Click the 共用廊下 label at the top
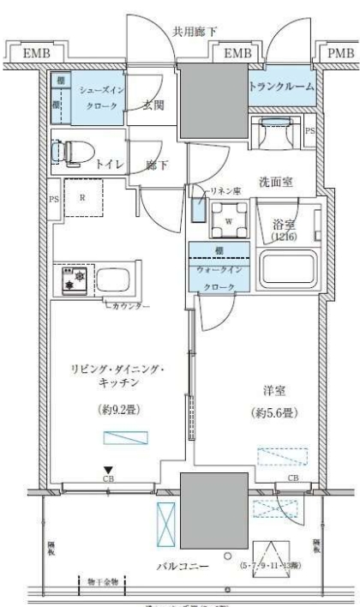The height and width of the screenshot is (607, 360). pyautogui.click(x=195, y=31)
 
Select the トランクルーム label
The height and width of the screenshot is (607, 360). pyautogui.click(x=280, y=87)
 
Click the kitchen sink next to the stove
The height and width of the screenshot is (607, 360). pyautogui.click(x=113, y=279)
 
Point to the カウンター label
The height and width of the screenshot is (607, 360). pyautogui.click(x=129, y=305)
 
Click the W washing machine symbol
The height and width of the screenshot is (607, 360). pyautogui.click(x=229, y=219)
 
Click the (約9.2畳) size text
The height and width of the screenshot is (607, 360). pyautogui.click(x=115, y=409)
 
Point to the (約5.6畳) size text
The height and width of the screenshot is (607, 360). pyautogui.click(x=275, y=413)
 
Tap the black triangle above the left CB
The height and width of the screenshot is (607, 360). pyautogui.click(x=108, y=469)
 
